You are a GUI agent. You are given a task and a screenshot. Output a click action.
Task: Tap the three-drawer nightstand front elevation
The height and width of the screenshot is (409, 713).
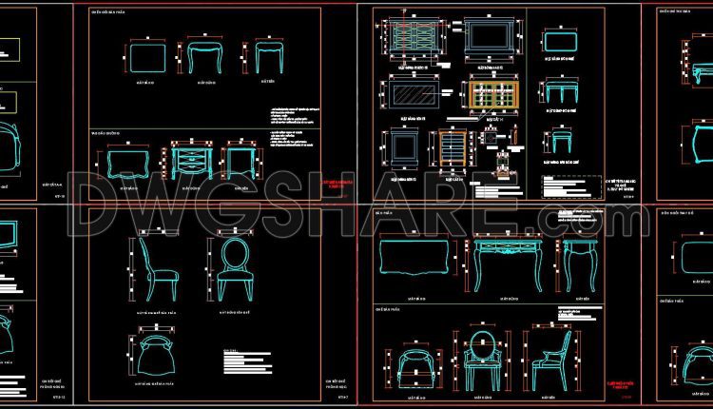tap(192, 159)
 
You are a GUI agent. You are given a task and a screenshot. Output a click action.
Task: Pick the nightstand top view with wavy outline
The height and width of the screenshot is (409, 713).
tap(127, 160)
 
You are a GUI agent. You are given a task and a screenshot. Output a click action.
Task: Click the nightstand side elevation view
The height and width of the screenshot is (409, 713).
tap(239, 160)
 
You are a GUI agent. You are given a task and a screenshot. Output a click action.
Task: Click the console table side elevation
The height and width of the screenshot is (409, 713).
tap(580, 261)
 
